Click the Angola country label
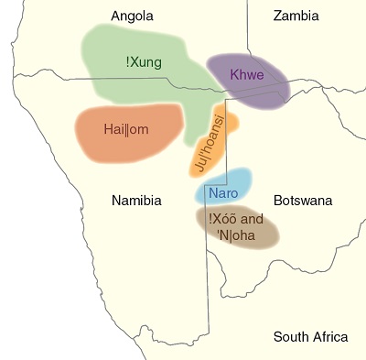[132, 16]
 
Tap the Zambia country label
[296, 16]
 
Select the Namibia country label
[136, 201]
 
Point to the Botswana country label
[303, 201]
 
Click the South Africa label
[310, 337]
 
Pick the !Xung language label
[144, 62]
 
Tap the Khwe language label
[247, 74]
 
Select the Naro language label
[223, 193]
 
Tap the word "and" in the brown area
[253, 219]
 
